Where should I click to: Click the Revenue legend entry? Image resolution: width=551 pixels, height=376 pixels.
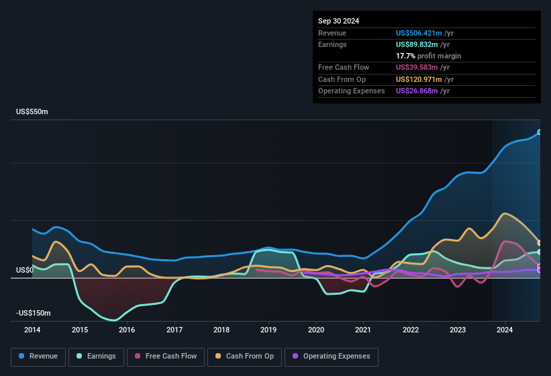tap(38, 356)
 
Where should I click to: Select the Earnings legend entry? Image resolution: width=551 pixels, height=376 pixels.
tap(97, 356)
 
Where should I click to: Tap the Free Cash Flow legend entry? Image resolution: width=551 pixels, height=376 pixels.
tap(165, 356)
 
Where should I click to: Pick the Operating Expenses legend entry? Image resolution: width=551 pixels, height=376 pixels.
tap(332, 356)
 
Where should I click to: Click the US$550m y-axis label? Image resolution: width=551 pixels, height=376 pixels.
tap(32, 111)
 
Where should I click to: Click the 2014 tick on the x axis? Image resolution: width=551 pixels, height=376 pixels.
tap(32, 330)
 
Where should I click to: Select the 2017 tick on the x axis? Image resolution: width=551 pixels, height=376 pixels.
tap(174, 330)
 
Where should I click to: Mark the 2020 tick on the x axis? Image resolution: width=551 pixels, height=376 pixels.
tap(316, 330)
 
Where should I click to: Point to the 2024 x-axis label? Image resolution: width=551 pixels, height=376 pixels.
tap(505, 330)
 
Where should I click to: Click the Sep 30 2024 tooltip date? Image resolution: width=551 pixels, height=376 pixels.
tap(338, 21)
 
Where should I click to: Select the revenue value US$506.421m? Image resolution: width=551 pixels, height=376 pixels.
tap(419, 33)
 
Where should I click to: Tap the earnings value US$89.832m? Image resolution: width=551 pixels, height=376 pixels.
tap(417, 44)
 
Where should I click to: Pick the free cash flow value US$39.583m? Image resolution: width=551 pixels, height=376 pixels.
tap(417, 67)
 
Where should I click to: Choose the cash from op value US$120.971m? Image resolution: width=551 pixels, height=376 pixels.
tap(419, 79)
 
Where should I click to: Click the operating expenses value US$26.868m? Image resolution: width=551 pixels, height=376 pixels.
tap(417, 91)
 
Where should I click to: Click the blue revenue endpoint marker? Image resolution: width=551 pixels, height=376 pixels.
tap(540, 132)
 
